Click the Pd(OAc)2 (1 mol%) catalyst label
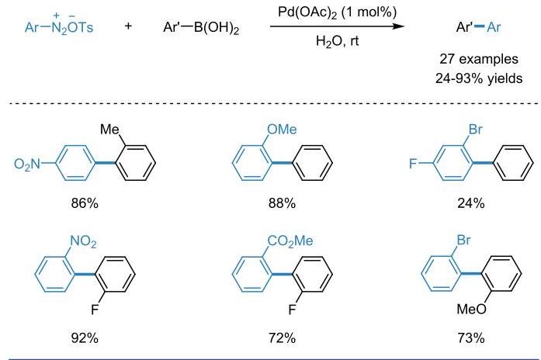[x=337, y=12]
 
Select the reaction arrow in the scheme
[x=337, y=26]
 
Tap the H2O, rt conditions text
[x=337, y=41]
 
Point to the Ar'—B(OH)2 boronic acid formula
[x=201, y=27]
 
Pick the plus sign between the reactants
[x=128, y=26]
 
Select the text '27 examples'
[x=479, y=59]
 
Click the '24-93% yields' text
[x=479, y=78]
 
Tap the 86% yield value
[x=85, y=203]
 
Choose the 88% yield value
[x=282, y=203]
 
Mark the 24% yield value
[x=471, y=203]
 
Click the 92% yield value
[x=85, y=338]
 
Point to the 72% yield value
[x=282, y=338]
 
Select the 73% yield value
[x=471, y=338]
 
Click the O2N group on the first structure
[x=27, y=164]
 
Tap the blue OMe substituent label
[x=282, y=130]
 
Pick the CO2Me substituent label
[x=290, y=241]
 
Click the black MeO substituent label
[x=471, y=310]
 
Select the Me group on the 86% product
[x=109, y=130]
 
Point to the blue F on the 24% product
[x=413, y=164]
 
